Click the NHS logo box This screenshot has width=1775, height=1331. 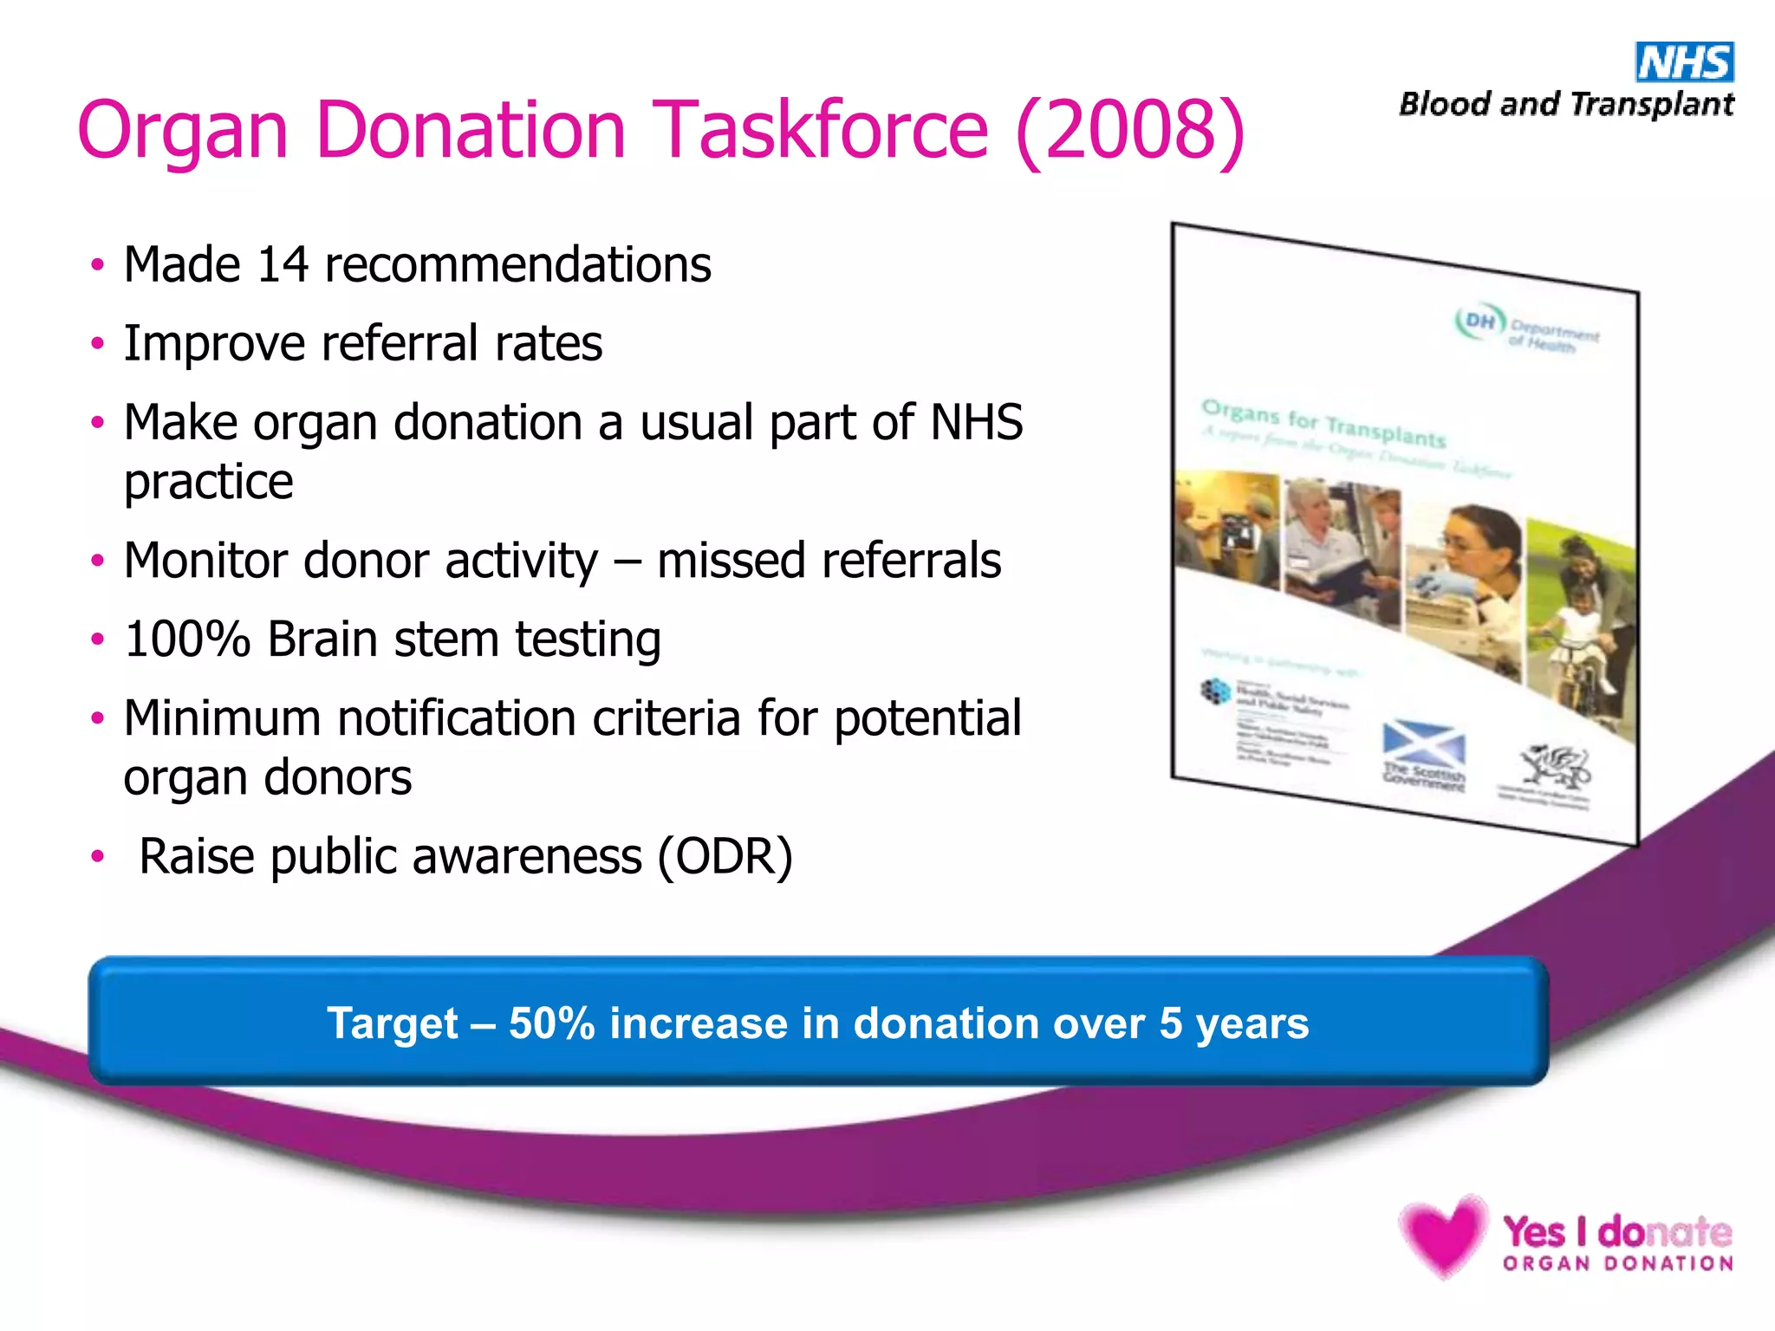pyautogui.click(x=1684, y=62)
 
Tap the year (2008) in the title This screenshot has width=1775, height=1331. pyautogui.click(x=1130, y=130)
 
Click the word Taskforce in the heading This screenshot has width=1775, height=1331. pyautogui.click(x=820, y=130)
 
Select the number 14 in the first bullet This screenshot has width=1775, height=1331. pyautogui.click(x=283, y=264)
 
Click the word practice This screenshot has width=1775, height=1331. pyautogui.click(x=208, y=482)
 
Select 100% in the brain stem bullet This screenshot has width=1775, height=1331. pyautogui.click(x=187, y=640)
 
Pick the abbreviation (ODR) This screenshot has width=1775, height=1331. pyautogui.click(x=725, y=857)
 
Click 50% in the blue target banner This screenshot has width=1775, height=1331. pyautogui.click(x=551, y=1023)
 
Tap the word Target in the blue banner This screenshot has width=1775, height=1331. pyautogui.click(x=392, y=1023)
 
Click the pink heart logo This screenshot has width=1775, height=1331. pyautogui.click(x=1442, y=1234)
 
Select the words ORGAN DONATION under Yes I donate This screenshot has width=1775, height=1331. pyautogui.click(x=1617, y=1263)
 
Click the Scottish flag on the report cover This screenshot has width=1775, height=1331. pyautogui.click(x=1423, y=742)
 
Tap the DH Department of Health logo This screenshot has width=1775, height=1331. pyautogui.click(x=1525, y=328)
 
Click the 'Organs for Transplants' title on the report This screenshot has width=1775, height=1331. pyautogui.click(x=1323, y=424)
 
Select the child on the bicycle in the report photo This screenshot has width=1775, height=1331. pyautogui.click(x=1581, y=637)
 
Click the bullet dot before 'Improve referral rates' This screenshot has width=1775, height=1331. pyautogui.click(x=98, y=344)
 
